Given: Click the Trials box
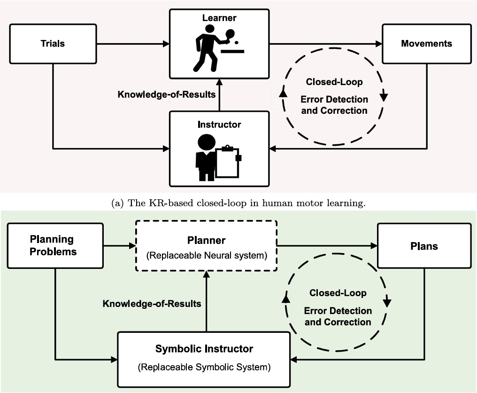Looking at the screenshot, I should (x=53, y=44).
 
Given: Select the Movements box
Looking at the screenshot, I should (x=426, y=44).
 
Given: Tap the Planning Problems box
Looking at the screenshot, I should (x=53, y=245).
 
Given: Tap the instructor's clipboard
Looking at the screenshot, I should (x=227, y=163).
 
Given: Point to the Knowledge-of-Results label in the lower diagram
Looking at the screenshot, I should (x=152, y=303).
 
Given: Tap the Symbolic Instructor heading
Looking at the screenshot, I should (x=204, y=349).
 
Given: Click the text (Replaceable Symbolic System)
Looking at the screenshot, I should (x=204, y=367).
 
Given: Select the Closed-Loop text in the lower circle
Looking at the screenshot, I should (x=338, y=293).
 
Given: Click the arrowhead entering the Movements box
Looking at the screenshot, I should (x=379, y=44).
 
